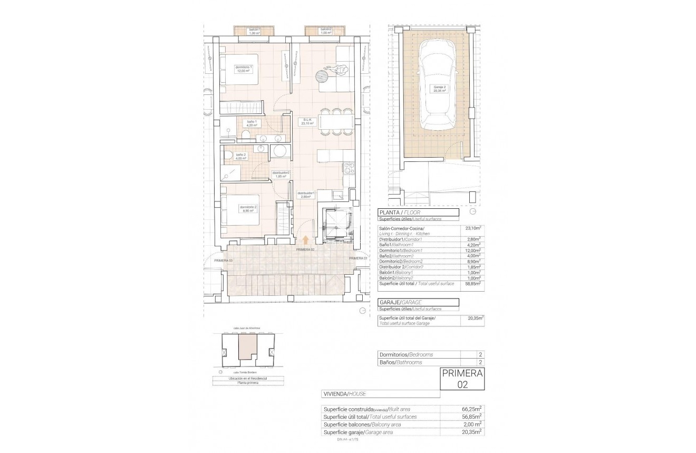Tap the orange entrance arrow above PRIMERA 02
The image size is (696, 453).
pyautogui.click(x=306, y=240)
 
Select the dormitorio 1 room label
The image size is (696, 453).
pyautogui.click(x=244, y=69)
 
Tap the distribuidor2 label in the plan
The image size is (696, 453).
pyautogui.click(x=281, y=175)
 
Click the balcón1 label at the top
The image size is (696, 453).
pyautogui.click(x=255, y=31)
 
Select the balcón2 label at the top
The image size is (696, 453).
pyautogui.click(x=325, y=31)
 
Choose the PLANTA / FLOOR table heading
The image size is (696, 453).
pyautogui.click(x=399, y=212)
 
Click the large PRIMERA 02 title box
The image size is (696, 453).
pyautogui.click(x=462, y=379)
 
